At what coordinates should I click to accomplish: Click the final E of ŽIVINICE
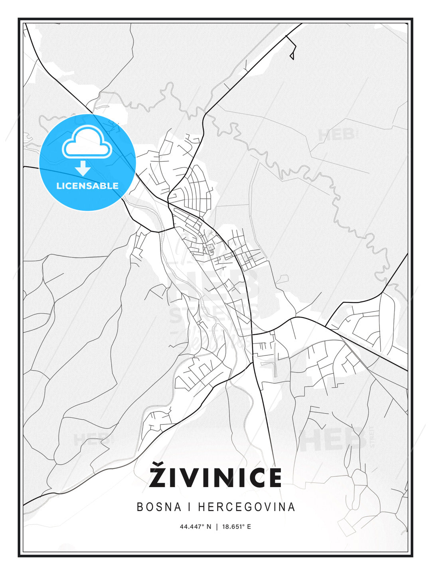tap(273, 478)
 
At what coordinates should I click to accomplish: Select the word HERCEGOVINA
tap(247, 507)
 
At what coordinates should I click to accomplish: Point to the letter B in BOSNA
tap(140, 507)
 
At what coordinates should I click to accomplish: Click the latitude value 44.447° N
tap(195, 527)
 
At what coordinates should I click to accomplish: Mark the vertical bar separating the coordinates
tap(217, 527)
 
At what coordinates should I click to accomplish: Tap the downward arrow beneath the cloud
tap(83, 168)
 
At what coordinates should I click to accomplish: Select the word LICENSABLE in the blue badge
tap(87, 186)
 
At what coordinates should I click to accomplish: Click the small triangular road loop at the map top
tap(292, 56)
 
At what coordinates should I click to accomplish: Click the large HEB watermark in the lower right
tap(333, 439)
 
